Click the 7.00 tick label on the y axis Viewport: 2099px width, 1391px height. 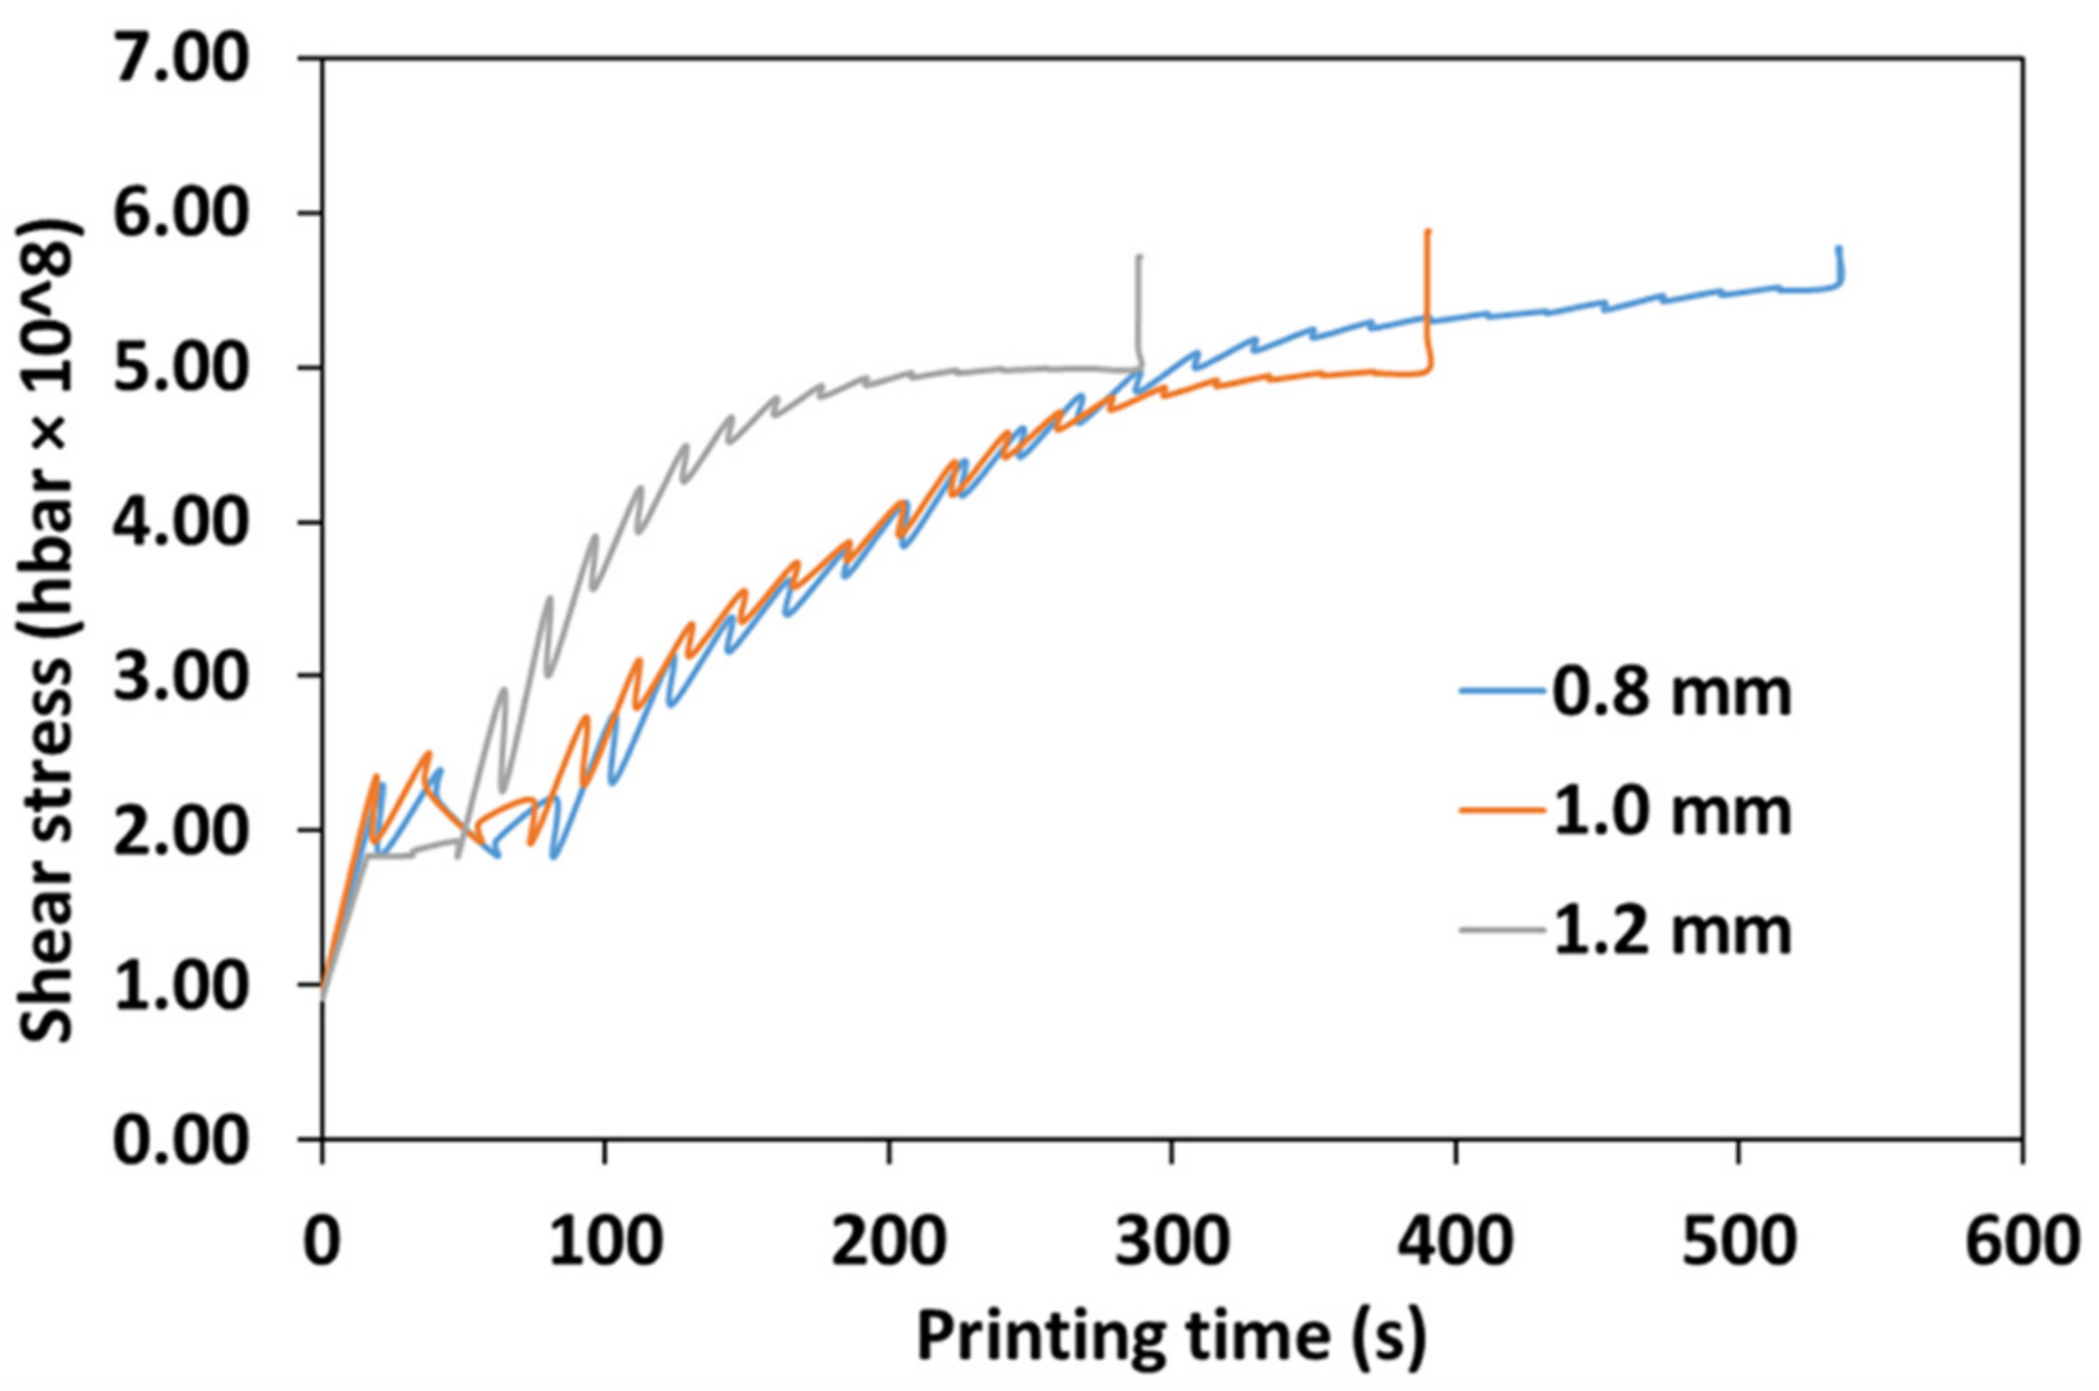[181, 59]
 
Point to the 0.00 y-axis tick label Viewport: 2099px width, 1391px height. [181, 1139]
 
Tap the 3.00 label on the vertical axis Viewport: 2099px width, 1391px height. [181, 676]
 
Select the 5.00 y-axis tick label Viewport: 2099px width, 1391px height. [181, 368]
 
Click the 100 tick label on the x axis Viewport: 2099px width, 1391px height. [606, 1241]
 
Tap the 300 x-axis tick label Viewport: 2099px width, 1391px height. [1172, 1241]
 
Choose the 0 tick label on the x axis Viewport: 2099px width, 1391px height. [322, 1241]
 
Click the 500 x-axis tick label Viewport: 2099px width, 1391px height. [1739, 1241]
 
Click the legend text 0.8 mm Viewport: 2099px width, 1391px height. [1672, 692]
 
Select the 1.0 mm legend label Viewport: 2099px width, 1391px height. [1672, 812]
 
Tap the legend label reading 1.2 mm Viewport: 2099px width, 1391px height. [1672, 931]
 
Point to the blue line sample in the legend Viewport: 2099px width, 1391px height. [1502, 691]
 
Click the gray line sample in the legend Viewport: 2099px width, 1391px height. [1502, 930]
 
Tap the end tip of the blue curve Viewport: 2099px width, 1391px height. [1839, 249]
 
